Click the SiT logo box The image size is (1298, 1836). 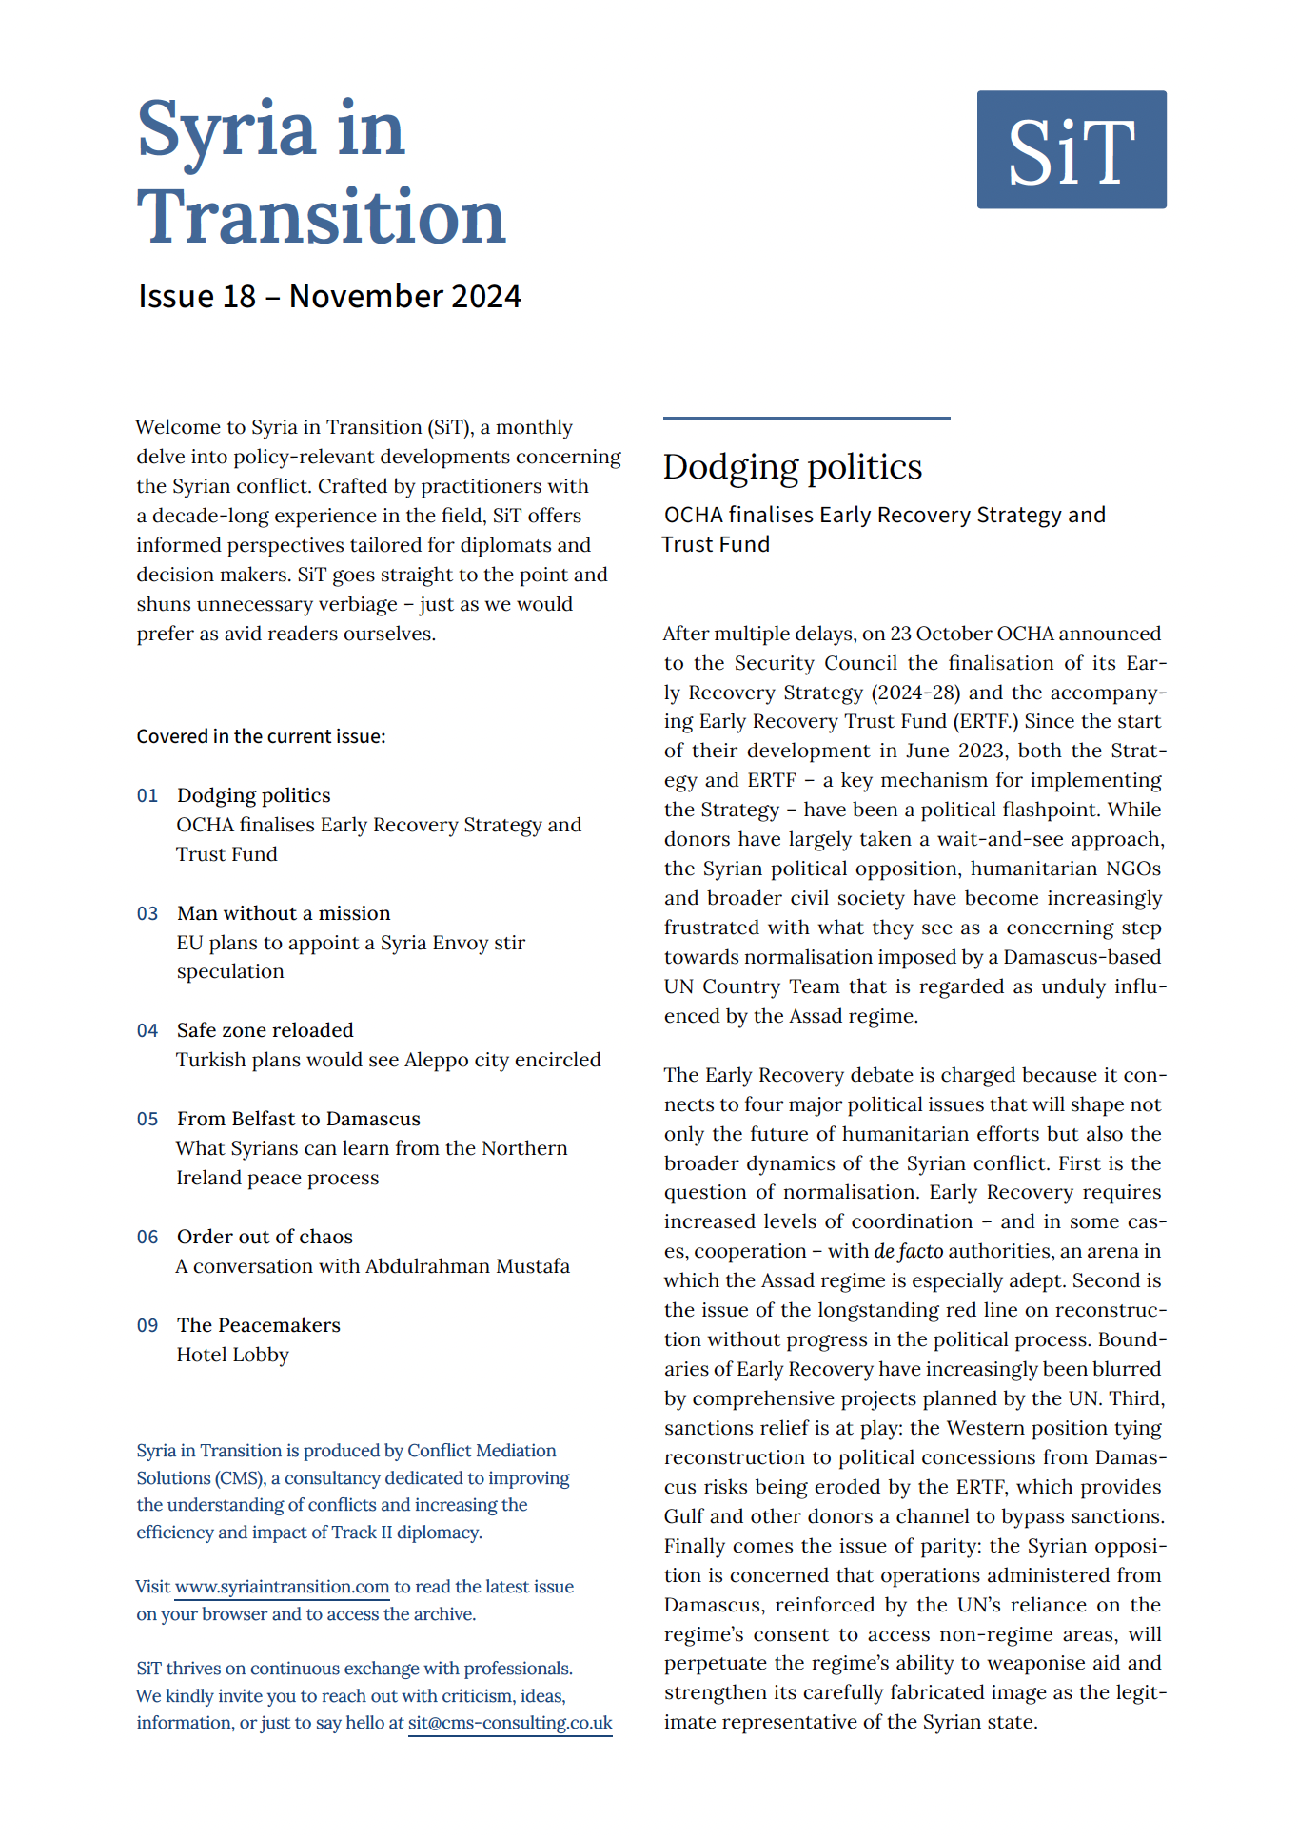1071,149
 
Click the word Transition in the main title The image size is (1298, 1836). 321,217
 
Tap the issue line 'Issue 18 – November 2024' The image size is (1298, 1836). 329,297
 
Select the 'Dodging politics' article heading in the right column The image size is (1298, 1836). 792,467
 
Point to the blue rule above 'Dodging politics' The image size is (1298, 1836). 806,418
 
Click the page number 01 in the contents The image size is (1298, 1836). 147,795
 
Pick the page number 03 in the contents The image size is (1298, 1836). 147,913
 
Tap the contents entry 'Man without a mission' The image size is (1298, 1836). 284,913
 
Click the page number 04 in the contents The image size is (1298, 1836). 147,1030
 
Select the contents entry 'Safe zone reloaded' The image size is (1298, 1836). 265,1030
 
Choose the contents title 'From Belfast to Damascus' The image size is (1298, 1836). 298,1119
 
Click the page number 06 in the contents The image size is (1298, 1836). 147,1237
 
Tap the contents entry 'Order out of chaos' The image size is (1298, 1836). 265,1237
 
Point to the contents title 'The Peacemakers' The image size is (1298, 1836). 258,1325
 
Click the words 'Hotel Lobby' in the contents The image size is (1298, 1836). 232,1355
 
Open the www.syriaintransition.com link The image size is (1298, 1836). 282,1587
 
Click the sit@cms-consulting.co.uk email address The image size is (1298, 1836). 510,1723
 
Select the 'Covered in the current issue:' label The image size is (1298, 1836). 261,736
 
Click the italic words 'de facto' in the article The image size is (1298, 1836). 909,1251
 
